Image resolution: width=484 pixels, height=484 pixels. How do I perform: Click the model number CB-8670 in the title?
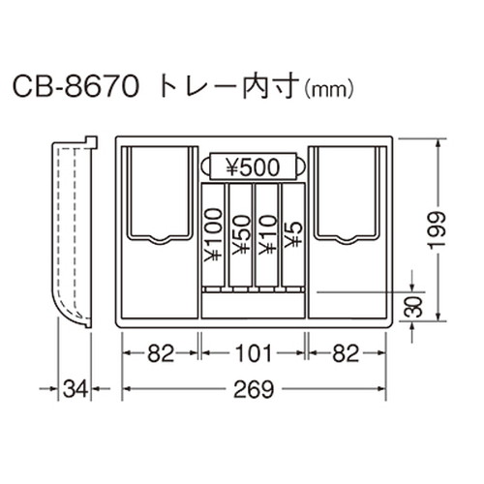click(x=76, y=87)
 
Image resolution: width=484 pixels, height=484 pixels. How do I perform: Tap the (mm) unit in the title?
click(x=329, y=90)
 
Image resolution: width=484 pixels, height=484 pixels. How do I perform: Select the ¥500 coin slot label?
click(x=253, y=166)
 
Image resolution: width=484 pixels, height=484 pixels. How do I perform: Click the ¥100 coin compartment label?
click(x=213, y=235)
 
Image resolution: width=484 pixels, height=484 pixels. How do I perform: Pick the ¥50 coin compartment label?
click(x=241, y=235)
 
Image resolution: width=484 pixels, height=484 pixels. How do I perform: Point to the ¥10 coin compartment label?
click(x=267, y=235)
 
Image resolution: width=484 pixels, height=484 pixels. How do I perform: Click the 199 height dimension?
click(x=437, y=230)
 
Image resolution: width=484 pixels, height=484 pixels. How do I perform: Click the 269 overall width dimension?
click(x=254, y=389)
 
